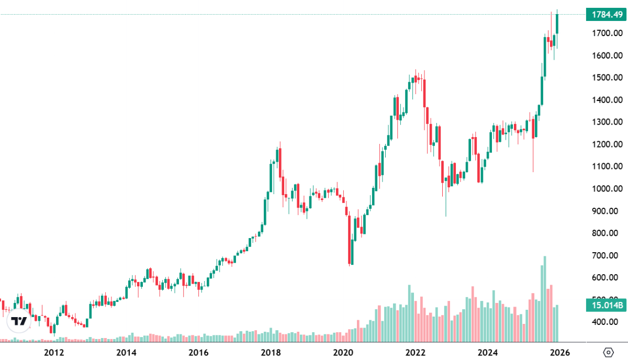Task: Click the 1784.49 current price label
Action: point(607,14)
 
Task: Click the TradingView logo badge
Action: point(19,321)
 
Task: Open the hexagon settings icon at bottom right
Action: point(608,352)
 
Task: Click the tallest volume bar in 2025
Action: point(545,298)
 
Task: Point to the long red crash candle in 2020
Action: point(349,238)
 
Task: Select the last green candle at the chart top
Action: point(557,24)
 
